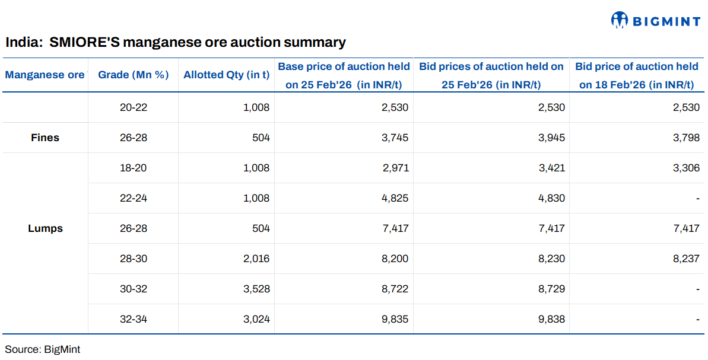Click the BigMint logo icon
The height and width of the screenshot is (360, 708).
click(619, 20)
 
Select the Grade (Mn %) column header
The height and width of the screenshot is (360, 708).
click(134, 75)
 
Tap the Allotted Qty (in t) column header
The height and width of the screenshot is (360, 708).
click(226, 75)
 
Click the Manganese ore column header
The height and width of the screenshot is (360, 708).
click(45, 75)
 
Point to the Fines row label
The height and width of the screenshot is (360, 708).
click(45, 138)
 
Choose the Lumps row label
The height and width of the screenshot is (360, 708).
click(45, 228)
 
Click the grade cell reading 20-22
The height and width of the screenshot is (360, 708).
click(134, 107)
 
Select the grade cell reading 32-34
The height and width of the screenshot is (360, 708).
click(134, 319)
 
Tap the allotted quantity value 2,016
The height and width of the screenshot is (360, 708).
click(256, 259)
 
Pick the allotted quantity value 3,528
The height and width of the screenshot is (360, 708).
click(256, 289)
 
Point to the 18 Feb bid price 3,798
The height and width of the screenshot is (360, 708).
click(687, 138)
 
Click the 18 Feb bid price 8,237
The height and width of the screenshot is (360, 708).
click(687, 259)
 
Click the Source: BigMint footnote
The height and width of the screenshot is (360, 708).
click(43, 349)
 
